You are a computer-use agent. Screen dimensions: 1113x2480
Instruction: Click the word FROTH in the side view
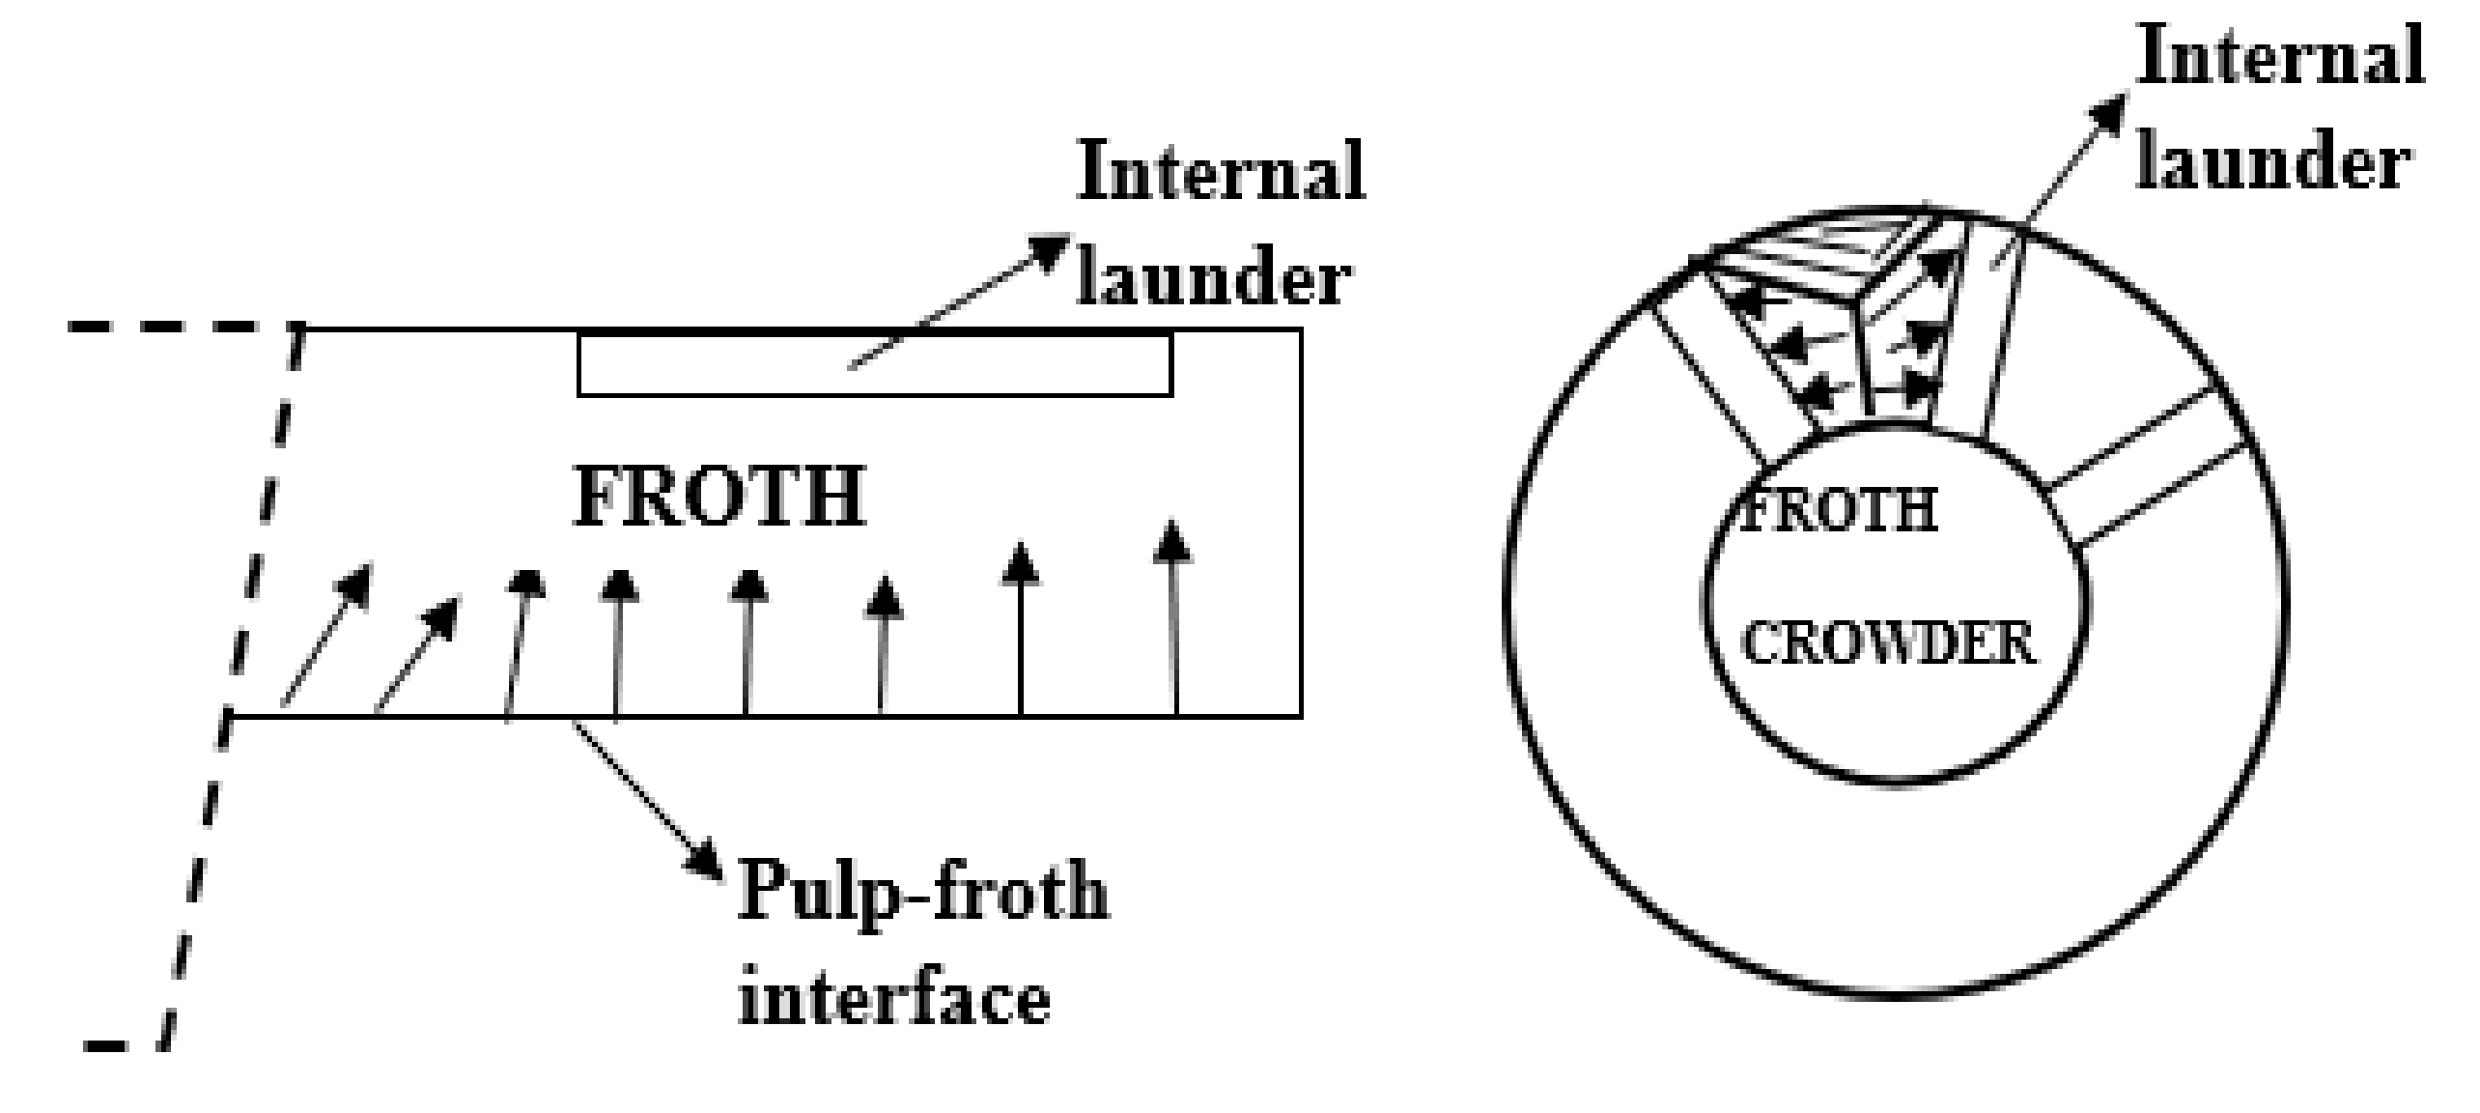(x=719, y=498)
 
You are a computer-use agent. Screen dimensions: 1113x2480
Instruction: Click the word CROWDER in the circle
(x=1888, y=644)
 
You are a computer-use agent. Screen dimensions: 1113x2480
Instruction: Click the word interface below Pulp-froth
(x=894, y=1000)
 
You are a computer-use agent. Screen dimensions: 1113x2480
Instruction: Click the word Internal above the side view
(x=1221, y=172)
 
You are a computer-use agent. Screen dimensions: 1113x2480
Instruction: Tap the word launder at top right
(x=2273, y=162)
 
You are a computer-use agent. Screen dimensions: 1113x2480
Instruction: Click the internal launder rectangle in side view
(x=874, y=365)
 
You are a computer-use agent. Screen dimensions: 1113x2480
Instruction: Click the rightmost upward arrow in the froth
(x=1174, y=618)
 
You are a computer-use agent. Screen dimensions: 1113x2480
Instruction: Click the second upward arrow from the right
(x=1021, y=628)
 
